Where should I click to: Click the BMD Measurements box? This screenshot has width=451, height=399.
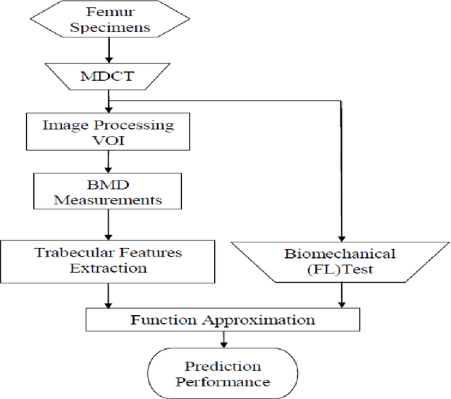click(x=109, y=191)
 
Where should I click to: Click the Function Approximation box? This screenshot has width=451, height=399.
click(x=223, y=319)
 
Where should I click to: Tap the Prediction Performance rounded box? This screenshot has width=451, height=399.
click(x=223, y=374)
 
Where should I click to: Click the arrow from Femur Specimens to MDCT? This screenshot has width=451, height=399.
click(x=109, y=50)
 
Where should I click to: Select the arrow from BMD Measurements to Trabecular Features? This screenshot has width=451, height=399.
click(x=109, y=224)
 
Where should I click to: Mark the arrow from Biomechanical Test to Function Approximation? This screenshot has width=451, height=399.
click(x=341, y=295)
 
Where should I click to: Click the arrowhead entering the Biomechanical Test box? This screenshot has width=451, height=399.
click(x=341, y=237)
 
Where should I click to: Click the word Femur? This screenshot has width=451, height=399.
click(x=109, y=13)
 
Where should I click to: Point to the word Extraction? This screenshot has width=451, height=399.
click(x=109, y=268)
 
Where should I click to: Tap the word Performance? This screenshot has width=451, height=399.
click(x=223, y=382)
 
